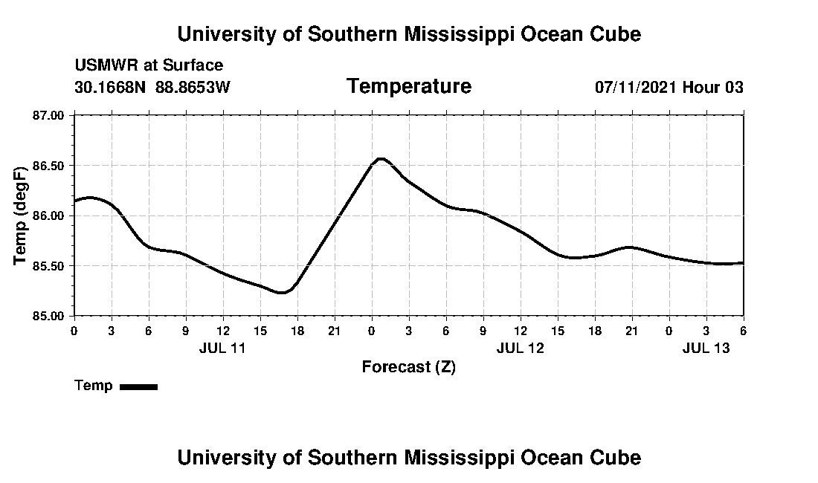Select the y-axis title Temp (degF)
[21, 215]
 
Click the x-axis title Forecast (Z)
[408, 367]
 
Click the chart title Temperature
[408, 86]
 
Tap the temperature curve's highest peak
[381, 158]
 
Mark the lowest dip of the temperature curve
[280, 293]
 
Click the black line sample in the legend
[138, 386]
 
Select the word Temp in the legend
[94, 386]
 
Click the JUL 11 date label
[222, 347]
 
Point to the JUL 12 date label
[521, 347]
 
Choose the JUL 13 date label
[706, 347]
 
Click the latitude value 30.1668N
[111, 87]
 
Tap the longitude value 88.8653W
[193, 87]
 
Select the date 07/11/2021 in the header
[636, 87]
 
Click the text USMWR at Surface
[149, 65]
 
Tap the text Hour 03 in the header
[713, 87]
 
